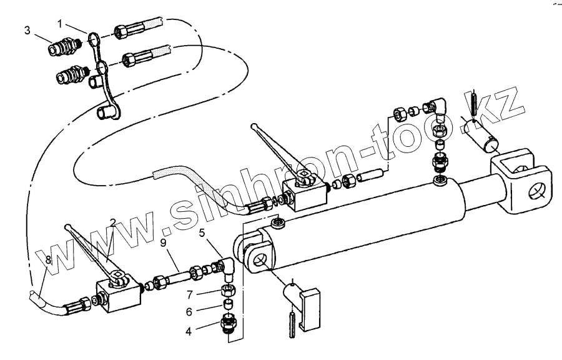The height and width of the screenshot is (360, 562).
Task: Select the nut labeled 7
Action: click(x=228, y=289)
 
